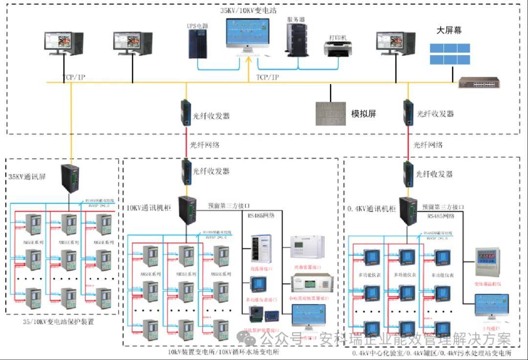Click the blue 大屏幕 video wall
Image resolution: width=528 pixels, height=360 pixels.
pos(449,54)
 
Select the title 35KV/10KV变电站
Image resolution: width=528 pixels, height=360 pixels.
pos(248,10)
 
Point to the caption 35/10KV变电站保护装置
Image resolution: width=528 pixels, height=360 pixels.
pos(58,322)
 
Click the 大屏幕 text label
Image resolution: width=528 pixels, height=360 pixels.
pos(449,30)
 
